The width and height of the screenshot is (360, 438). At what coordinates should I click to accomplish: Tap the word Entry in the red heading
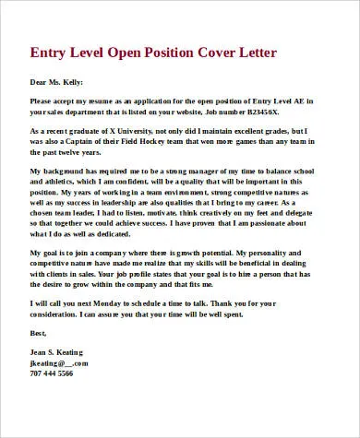pos(51,49)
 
